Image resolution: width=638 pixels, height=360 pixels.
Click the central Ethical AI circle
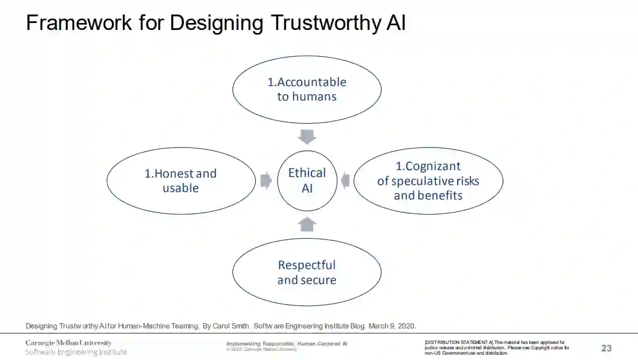pyautogui.click(x=307, y=180)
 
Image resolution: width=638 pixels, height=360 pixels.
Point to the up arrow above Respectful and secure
pyautogui.click(x=307, y=224)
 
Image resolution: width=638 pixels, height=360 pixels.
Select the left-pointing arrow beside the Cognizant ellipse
pyautogui.click(x=345, y=180)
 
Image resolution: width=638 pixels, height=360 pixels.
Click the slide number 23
pyautogui.click(x=606, y=348)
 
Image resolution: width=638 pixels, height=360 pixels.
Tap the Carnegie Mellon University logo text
pyautogui.click(x=68, y=343)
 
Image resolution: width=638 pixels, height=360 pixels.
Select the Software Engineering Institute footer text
pyautogui.click(x=76, y=352)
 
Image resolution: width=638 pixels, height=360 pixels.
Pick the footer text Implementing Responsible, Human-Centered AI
pyautogui.click(x=287, y=343)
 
